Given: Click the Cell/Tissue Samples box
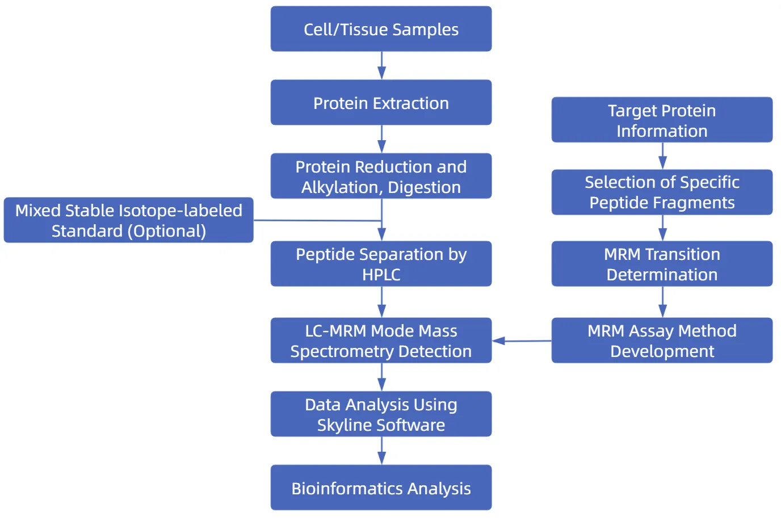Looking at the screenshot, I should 381,29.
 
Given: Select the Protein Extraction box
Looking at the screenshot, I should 381,103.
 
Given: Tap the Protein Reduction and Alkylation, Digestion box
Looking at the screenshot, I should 381,176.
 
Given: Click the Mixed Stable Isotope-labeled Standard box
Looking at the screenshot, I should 129,220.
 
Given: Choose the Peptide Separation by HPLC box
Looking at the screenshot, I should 381,264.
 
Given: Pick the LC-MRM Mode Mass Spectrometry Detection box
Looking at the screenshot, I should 381,341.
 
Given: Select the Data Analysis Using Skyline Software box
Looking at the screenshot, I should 381,414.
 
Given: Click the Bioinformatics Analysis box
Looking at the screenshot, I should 381,488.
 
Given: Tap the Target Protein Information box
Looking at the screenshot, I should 662,120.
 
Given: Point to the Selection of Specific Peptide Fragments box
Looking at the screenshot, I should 662,192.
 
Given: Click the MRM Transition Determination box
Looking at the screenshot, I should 662,264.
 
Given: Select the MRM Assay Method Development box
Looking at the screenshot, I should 662,341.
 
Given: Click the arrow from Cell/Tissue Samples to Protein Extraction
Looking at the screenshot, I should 381,65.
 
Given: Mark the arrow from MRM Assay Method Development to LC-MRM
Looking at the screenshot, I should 522,341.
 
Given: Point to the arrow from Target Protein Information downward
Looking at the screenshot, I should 662,156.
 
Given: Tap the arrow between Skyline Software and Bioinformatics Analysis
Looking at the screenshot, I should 381,451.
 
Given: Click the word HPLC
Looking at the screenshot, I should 381,275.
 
